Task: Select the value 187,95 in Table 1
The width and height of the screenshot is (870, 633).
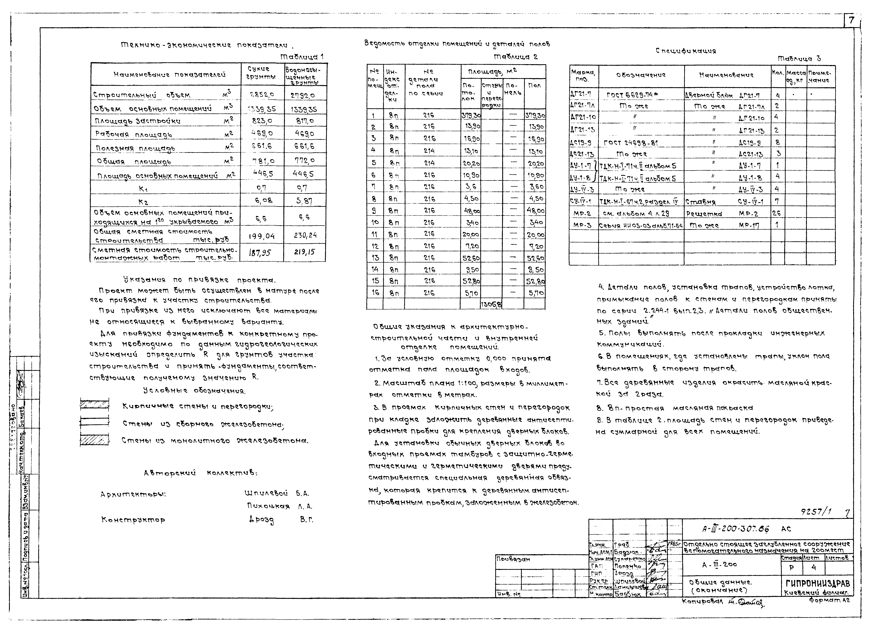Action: (260, 253)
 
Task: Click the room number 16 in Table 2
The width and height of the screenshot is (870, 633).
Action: (375, 293)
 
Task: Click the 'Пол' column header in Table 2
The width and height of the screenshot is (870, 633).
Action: (534, 86)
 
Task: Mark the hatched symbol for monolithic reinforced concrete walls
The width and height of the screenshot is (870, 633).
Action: (94, 440)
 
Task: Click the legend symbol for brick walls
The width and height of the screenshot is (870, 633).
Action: (94, 405)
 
